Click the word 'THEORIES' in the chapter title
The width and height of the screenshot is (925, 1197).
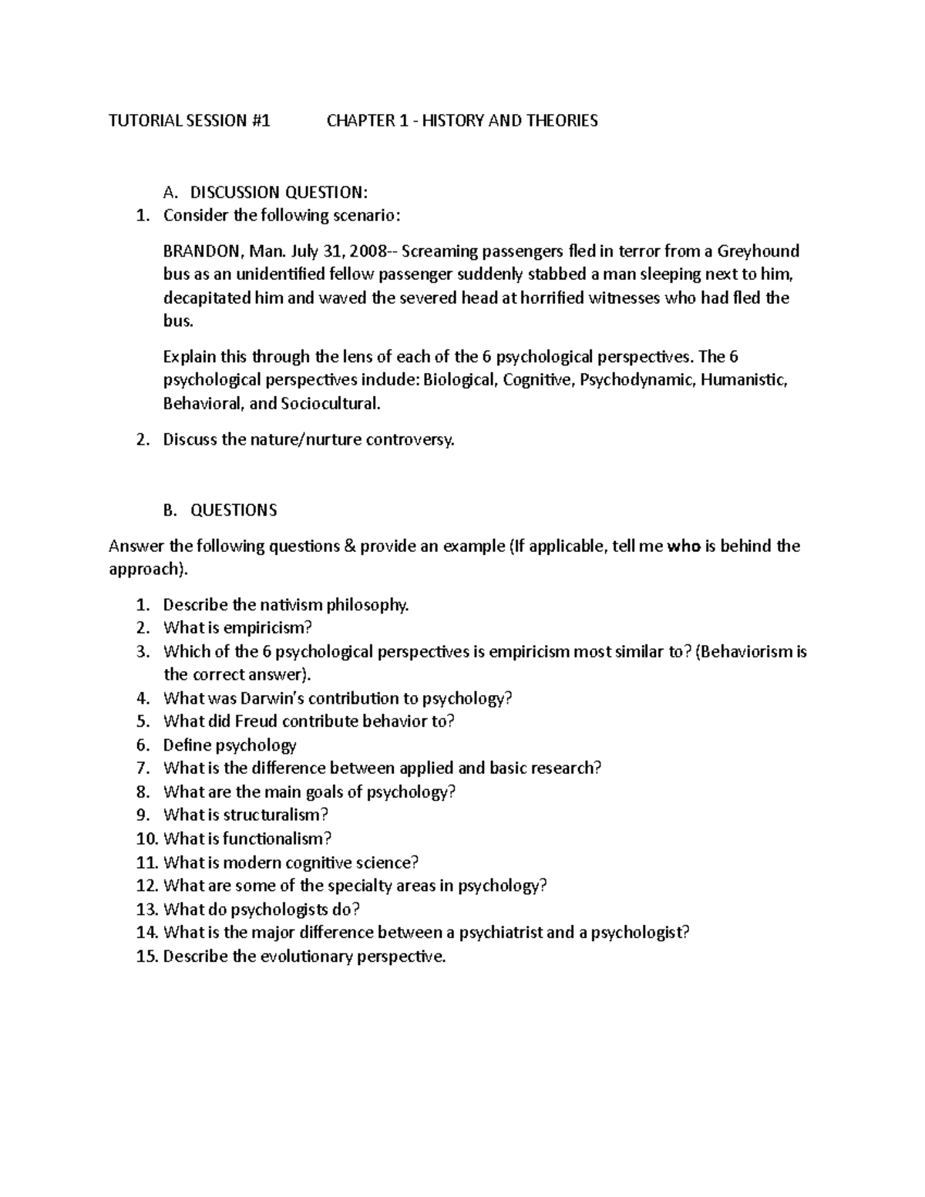[563, 120]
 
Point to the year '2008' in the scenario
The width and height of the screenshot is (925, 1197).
[372, 250]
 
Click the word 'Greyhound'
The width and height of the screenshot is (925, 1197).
[758, 250]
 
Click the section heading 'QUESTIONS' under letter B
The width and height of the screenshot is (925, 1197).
[234, 510]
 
